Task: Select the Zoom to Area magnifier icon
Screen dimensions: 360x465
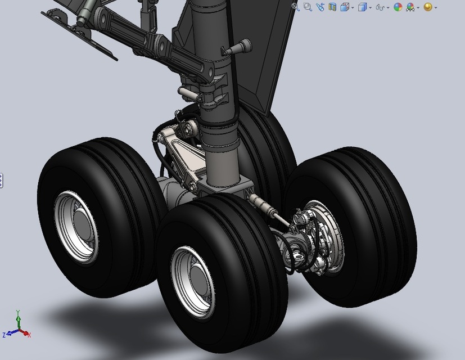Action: click(x=308, y=7)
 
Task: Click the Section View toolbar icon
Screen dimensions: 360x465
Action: click(x=332, y=7)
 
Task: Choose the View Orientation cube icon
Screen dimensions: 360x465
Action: click(x=345, y=7)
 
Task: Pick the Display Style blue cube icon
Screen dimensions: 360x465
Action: click(x=363, y=7)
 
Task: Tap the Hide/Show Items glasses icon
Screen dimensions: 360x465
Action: click(x=381, y=7)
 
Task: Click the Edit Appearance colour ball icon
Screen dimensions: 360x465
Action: click(x=398, y=7)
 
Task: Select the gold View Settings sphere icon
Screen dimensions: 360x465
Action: click(x=428, y=7)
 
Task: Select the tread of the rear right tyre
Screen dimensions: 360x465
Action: click(x=365, y=186)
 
